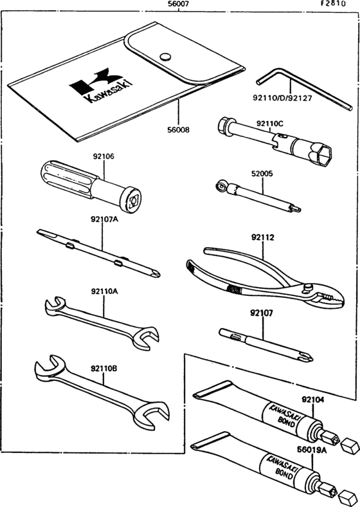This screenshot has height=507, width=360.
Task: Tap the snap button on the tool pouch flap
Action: tap(165, 56)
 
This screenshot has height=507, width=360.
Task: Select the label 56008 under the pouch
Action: tap(179, 129)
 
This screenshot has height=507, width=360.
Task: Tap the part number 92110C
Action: tap(270, 122)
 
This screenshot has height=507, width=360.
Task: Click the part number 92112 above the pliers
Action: tap(262, 237)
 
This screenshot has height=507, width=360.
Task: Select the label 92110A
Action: tap(105, 291)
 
